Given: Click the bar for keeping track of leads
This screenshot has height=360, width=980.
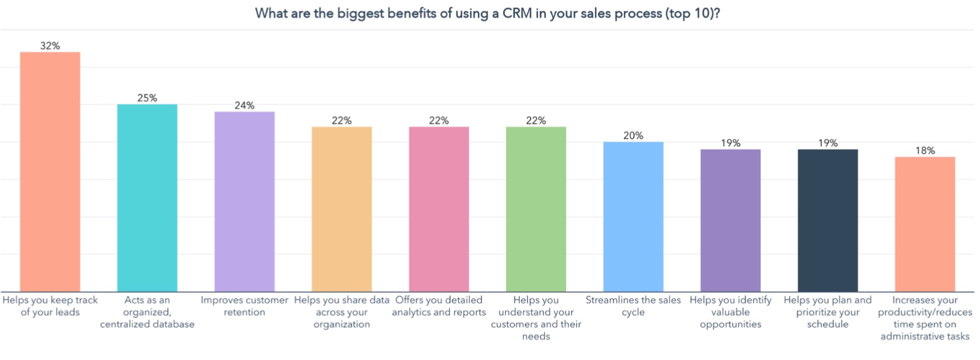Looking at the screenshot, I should (50, 172).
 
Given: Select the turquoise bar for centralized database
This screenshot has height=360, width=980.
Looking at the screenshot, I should (147, 198).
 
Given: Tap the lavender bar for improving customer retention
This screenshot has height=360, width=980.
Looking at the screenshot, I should (244, 202).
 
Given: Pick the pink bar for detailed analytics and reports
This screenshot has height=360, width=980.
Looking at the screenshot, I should (439, 209).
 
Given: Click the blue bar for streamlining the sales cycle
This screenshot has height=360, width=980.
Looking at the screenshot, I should (633, 217).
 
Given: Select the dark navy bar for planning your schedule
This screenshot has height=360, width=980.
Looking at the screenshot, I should (828, 221).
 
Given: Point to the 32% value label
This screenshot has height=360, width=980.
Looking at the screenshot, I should (50, 46).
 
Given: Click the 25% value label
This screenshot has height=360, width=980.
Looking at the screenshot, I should (147, 98).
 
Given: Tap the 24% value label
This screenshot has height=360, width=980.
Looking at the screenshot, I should (244, 106).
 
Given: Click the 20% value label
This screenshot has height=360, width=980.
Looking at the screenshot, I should (633, 136).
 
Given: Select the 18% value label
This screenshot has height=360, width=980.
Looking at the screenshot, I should (925, 151).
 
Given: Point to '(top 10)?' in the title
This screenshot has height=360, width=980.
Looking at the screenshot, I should (692, 14).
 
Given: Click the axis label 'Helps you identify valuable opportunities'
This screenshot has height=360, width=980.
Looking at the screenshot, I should (731, 311).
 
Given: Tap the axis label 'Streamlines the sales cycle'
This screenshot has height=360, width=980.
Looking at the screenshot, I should (633, 306).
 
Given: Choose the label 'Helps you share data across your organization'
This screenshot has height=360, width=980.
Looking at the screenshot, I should (341, 311).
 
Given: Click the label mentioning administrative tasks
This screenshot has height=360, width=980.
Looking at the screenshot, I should (925, 318).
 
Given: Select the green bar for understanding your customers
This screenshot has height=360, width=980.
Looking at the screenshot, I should (536, 209).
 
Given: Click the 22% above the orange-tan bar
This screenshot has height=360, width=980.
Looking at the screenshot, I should (341, 120).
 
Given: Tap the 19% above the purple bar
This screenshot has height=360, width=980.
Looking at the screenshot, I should (731, 143).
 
